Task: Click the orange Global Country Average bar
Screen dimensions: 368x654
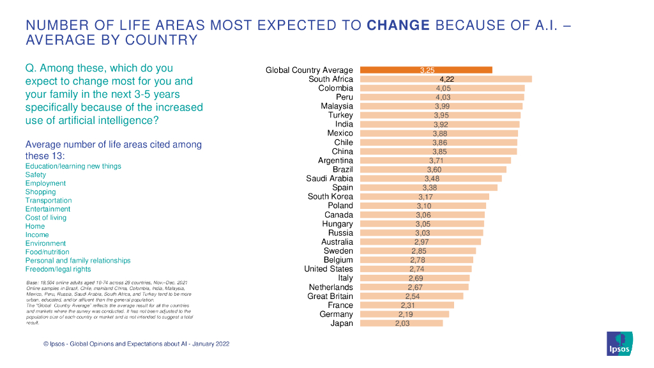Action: click(426, 70)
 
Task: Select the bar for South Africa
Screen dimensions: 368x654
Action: click(446, 79)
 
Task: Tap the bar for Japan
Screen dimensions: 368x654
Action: click(401, 323)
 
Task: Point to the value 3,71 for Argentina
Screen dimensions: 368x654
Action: click(436, 161)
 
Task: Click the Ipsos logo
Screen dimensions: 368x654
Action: click(620, 344)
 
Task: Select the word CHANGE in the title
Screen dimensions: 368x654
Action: click(399, 26)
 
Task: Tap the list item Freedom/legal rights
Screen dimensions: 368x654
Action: click(58, 270)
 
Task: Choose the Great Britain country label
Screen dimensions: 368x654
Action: click(330, 296)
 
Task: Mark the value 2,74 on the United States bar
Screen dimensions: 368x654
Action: click(416, 270)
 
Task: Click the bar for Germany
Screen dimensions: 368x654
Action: click(404, 314)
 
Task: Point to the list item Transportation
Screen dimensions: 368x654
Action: click(49, 201)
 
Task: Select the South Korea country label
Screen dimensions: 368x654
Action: click(330, 197)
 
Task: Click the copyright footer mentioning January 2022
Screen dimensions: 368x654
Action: click(136, 344)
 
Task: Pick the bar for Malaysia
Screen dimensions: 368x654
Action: click(441, 106)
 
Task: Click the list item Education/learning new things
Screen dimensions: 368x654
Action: click(73, 166)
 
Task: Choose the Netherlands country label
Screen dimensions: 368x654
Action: click(331, 287)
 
